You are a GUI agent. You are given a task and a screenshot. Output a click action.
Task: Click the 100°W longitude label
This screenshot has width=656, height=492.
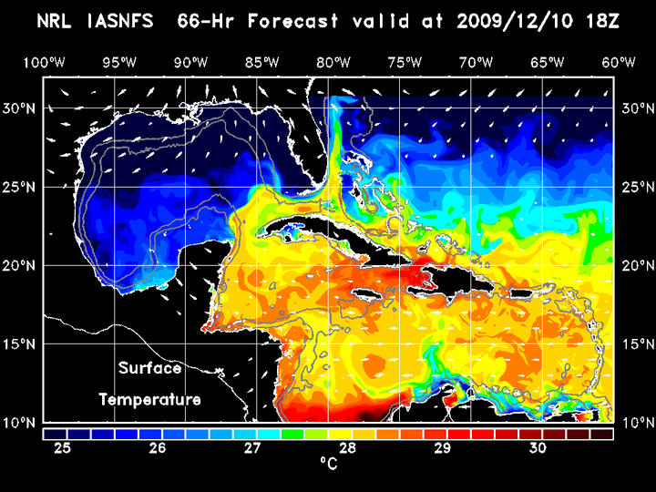click(x=43, y=62)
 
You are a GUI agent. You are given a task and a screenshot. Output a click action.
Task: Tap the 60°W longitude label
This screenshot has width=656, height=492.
click(x=620, y=62)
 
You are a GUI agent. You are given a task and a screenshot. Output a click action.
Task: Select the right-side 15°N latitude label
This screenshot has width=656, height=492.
click(x=634, y=343)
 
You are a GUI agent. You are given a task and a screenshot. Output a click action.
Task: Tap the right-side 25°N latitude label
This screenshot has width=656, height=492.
click(x=634, y=187)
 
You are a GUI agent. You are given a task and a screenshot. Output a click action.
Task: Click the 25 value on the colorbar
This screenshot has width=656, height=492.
click(x=63, y=448)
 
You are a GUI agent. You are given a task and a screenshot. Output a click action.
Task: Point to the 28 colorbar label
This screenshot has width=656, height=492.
click(x=347, y=448)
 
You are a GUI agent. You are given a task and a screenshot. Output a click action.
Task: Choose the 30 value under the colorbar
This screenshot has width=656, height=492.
click(x=537, y=448)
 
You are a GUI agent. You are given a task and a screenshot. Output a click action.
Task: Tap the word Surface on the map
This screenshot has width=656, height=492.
click(x=149, y=369)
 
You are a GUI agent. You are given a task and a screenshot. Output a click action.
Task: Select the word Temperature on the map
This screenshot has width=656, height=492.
click(x=149, y=399)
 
